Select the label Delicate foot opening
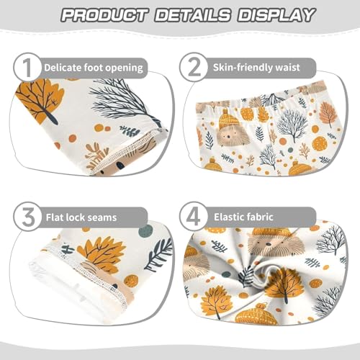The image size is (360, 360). click(94, 68)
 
